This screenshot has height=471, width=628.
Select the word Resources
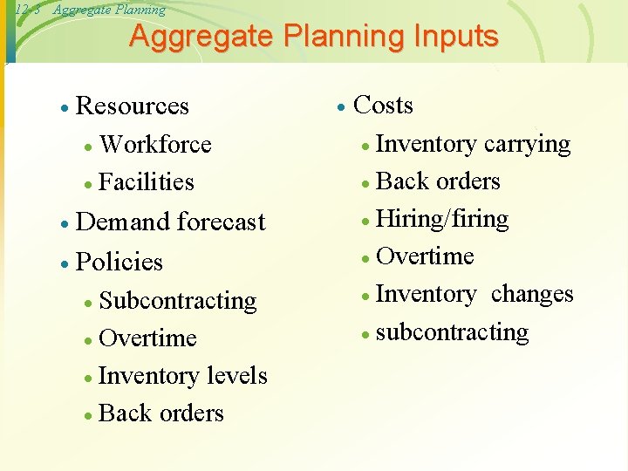tap(133, 106)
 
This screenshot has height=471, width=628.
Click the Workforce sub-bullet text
tap(155, 144)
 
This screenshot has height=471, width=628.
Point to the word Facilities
tap(147, 182)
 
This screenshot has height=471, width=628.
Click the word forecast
tap(221, 222)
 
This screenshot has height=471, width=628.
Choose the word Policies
tap(119, 262)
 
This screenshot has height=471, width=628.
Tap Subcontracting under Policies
tap(178, 301)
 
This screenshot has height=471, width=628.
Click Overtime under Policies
tap(148, 338)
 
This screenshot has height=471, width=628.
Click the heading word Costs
tap(383, 106)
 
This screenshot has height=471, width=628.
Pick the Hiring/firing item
tap(442, 219)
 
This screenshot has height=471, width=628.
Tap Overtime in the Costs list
tap(425, 256)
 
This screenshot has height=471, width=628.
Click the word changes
tap(532, 294)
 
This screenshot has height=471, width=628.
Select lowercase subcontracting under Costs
tap(452, 332)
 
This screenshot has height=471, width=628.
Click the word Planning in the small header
tap(139, 10)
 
